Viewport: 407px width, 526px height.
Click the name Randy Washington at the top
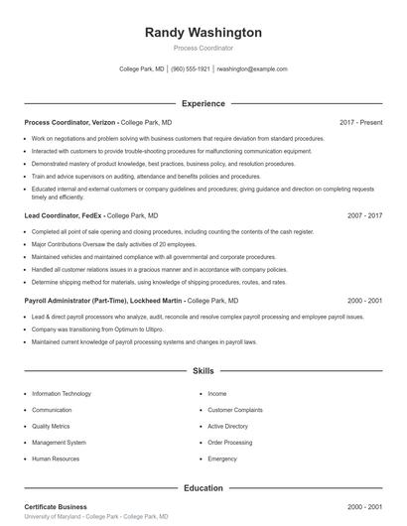pyautogui.click(x=203, y=33)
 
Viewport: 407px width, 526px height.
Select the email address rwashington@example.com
pyautogui.click(x=252, y=69)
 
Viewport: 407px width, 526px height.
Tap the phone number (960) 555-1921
pyautogui.click(x=191, y=69)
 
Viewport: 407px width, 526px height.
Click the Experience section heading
pyautogui.click(x=203, y=103)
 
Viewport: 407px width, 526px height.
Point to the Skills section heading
pyautogui.click(x=203, y=371)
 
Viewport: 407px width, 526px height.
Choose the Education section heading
pyautogui.click(x=203, y=487)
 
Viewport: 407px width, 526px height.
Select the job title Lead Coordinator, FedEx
pyautogui.click(x=62, y=214)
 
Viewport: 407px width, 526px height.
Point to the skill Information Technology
pyautogui.click(x=68, y=394)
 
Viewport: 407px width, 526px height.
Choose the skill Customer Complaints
pyautogui.click(x=235, y=410)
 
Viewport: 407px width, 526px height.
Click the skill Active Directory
pyautogui.click(x=228, y=427)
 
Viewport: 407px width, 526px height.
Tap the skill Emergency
pyautogui.click(x=222, y=460)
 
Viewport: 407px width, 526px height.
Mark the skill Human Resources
pyautogui.click(x=57, y=460)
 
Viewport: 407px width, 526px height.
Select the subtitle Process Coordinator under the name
pyautogui.click(x=203, y=47)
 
